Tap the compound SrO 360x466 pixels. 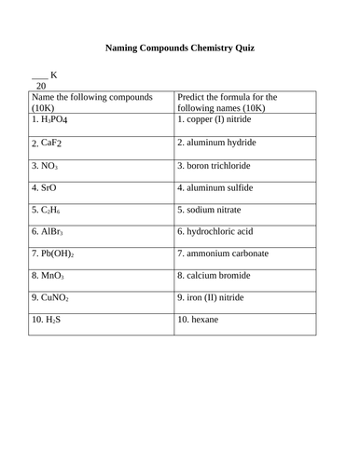(45, 186)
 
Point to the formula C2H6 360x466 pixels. (48, 209)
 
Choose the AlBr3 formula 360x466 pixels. (48, 231)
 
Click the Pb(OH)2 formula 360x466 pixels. (52, 254)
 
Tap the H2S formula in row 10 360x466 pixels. (45, 321)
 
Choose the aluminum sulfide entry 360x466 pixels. (220, 186)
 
